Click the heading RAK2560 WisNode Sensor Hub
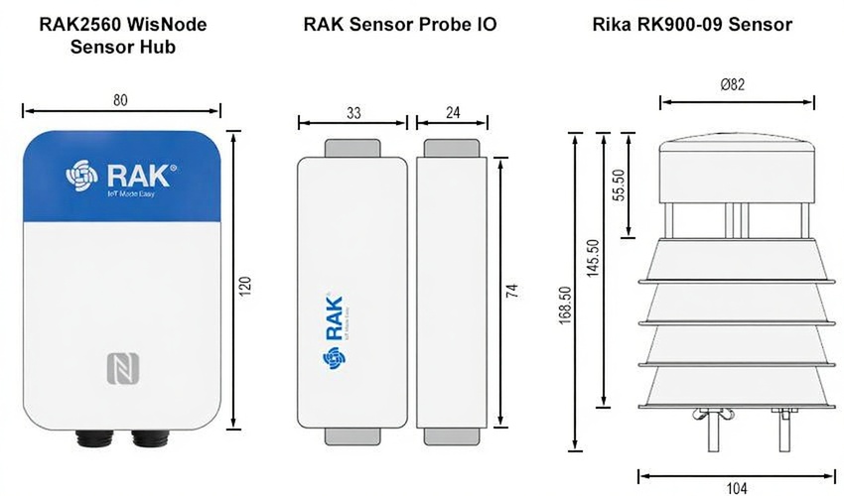[x=122, y=35]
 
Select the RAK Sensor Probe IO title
[x=400, y=24]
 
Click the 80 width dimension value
[x=121, y=100]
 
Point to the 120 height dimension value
[x=247, y=284]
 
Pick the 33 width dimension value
[x=353, y=113]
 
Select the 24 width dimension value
[x=452, y=113]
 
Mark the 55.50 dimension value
[x=619, y=185]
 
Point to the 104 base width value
[x=737, y=487]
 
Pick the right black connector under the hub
[x=150, y=436]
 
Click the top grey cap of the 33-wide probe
[x=352, y=148]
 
